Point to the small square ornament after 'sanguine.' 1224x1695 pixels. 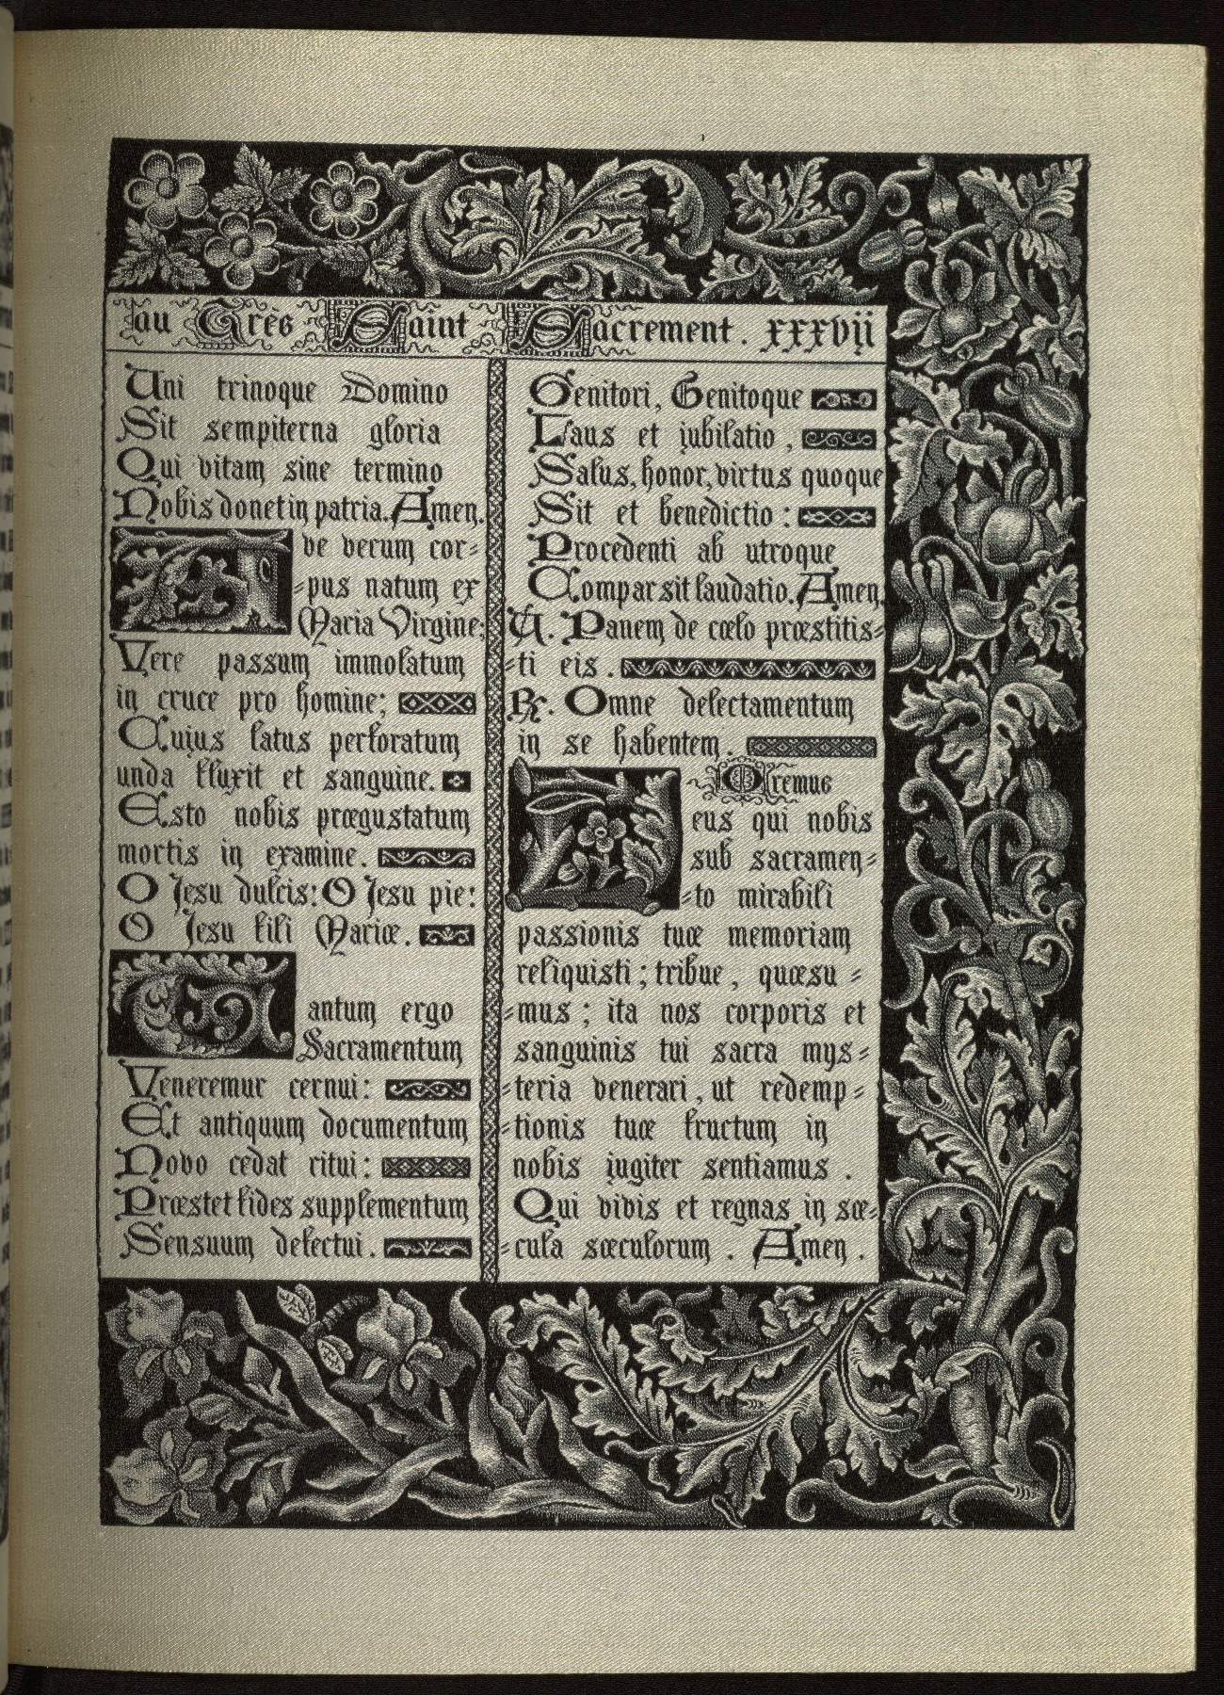458,780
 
